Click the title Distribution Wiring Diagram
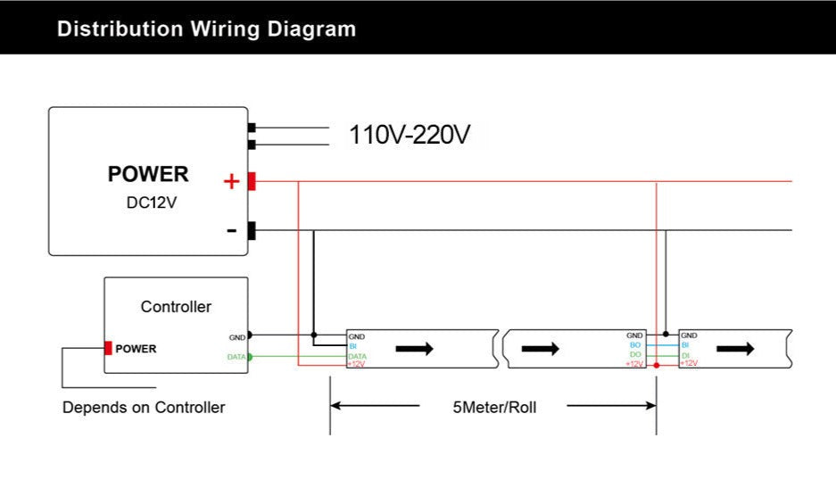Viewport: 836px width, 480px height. point(206,29)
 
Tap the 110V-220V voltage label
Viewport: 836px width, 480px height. point(410,135)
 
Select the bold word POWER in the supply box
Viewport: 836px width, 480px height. point(148,174)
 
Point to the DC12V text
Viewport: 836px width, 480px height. point(152,203)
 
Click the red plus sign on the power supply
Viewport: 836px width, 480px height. point(232,182)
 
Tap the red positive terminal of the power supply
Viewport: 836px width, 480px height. point(252,181)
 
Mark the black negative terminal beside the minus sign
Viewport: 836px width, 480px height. point(252,231)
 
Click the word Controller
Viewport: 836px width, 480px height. point(176,307)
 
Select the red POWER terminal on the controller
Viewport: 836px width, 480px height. point(108,349)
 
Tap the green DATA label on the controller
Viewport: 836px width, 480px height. point(236,357)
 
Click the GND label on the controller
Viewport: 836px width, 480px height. point(236,337)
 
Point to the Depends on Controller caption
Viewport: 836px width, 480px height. point(144,408)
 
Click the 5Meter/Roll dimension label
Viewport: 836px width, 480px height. point(494,408)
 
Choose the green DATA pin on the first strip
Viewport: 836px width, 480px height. point(357,356)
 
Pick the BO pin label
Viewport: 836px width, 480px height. point(634,345)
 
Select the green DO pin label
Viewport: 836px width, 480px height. point(634,355)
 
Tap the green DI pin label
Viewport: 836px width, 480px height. point(685,355)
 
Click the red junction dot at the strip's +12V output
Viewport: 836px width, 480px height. point(657,366)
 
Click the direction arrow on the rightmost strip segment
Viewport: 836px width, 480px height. point(736,348)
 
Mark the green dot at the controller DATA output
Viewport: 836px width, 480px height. point(250,357)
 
